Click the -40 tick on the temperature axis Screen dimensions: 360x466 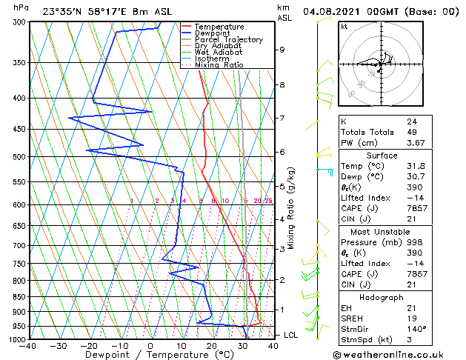click(x=28, y=346)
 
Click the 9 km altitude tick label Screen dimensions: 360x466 click(x=282, y=50)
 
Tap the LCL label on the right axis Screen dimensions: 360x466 click(x=291, y=335)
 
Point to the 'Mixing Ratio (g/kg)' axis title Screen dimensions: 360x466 click(x=291, y=207)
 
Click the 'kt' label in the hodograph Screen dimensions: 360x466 click(x=344, y=26)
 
